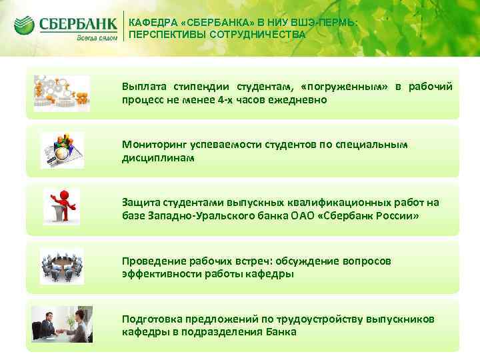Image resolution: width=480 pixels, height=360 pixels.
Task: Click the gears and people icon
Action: pyautogui.click(x=61, y=91)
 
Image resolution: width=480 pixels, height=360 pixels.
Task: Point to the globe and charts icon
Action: pyautogui.click(x=61, y=149)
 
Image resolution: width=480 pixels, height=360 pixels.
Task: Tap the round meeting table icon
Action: pyautogui.click(x=61, y=264)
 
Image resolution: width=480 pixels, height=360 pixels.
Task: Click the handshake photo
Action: pyautogui.click(x=62, y=323)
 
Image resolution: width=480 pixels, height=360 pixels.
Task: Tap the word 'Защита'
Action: pyautogui.click(x=140, y=203)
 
